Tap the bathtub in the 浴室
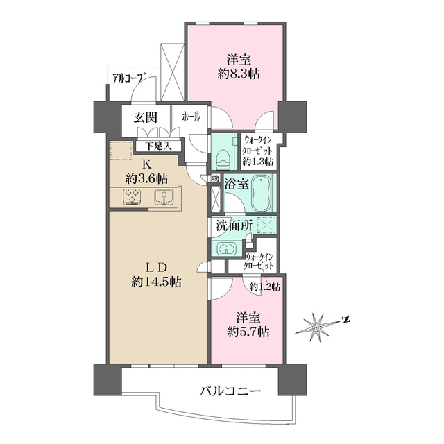tap(262, 194)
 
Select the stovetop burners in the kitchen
tap(132, 196)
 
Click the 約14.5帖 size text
tap(156, 282)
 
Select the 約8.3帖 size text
tap(239, 74)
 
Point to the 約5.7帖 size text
tap(248, 332)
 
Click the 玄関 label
tap(146, 117)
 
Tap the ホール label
tap(191, 117)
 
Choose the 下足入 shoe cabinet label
tap(159, 146)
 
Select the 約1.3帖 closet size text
tap(258, 162)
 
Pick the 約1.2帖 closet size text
tap(265, 287)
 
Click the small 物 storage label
tap(216, 179)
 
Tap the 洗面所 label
tap(234, 225)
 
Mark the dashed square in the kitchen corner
tap(121, 150)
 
